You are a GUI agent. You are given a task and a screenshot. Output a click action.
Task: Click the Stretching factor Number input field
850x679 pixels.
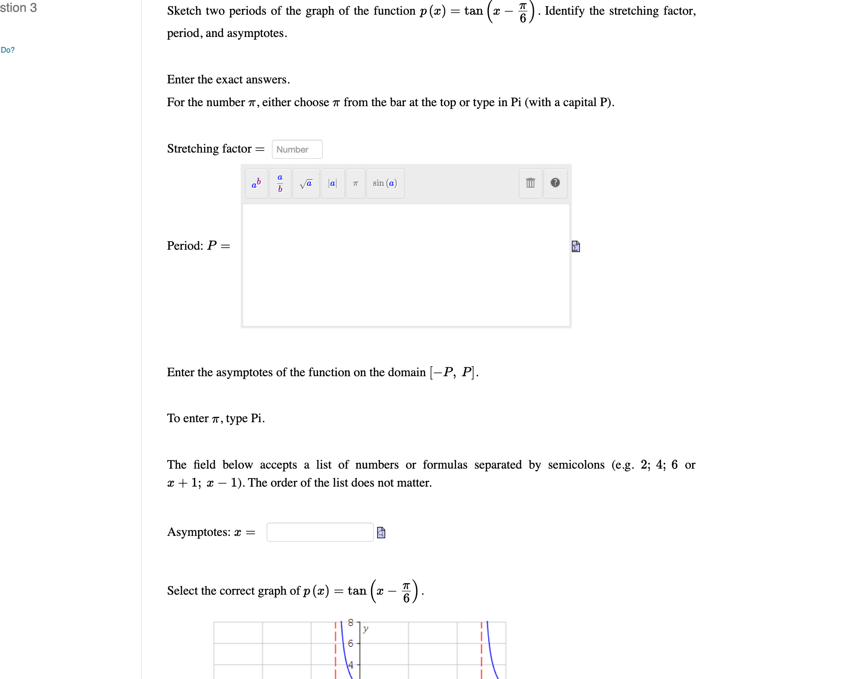pos(297,149)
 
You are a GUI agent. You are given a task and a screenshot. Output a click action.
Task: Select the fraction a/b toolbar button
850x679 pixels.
pos(280,183)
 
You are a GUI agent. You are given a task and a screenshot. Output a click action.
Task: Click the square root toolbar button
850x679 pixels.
pos(306,183)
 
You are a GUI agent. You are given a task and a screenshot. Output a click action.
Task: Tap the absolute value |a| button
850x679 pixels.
pos(333,183)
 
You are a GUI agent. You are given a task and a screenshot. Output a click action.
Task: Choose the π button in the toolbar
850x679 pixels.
pos(355,183)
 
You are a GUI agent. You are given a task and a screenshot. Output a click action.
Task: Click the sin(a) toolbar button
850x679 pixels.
pos(385,183)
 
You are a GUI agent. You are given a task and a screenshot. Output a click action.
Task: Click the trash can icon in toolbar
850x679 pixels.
pos(530,183)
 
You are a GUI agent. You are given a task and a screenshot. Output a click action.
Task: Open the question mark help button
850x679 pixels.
pos(555,183)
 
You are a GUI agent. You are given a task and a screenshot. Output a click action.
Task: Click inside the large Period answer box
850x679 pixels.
pos(406,265)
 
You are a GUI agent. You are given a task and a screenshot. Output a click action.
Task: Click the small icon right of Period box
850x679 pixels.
pos(576,246)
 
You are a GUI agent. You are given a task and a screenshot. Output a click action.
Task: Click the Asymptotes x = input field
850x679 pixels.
pos(320,532)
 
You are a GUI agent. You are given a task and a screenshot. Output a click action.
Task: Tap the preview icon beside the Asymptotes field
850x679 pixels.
pos(381,533)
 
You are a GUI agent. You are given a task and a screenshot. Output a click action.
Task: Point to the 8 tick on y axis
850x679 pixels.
pos(351,623)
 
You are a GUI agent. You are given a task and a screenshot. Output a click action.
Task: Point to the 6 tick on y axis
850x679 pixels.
pos(351,643)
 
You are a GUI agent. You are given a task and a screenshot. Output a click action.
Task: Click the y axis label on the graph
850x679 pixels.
pos(365,629)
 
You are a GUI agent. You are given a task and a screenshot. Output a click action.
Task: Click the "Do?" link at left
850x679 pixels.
pos(8,50)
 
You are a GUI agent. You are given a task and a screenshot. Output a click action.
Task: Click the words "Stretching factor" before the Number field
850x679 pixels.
pos(209,149)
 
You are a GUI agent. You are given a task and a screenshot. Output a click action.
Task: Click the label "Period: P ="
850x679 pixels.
pos(198,246)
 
